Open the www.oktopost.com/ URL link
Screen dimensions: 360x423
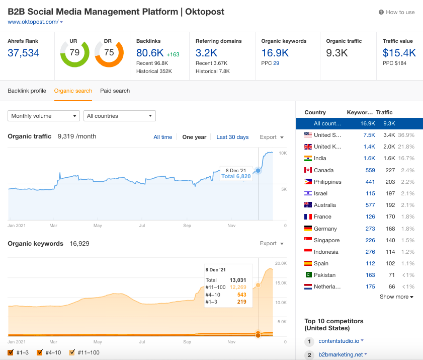click(x=33, y=22)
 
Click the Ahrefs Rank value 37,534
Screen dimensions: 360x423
click(x=24, y=53)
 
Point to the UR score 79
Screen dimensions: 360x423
click(x=74, y=52)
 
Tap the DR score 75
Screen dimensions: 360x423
click(x=109, y=52)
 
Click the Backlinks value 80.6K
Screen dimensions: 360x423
click(x=149, y=53)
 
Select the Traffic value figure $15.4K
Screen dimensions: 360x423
click(x=399, y=53)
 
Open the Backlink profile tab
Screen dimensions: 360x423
click(x=27, y=91)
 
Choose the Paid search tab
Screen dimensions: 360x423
click(x=115, y=91)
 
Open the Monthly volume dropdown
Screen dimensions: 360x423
click(x=44, y=116)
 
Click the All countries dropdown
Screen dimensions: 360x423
click(x=120, y=116)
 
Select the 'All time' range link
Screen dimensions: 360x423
click(x=163, y=137)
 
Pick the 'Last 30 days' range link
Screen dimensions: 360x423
click(x=232, y=137)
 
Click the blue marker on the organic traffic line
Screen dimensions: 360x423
click(x=258, y=171)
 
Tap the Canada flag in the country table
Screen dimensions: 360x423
click(x=308, y=170)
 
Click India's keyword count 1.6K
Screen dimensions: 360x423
click(x=370, y=158)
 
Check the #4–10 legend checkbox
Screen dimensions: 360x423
click(x=40, y=352)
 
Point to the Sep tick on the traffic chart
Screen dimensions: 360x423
click(x=187, y=226)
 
